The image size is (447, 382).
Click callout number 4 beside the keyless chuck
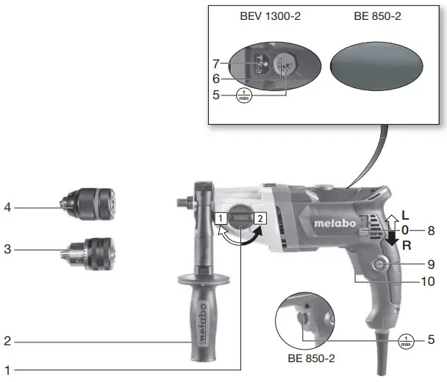[x=7, y=208]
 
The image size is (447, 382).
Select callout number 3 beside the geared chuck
[x=7, y=250]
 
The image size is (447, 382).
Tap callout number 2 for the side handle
[x=7, y=341]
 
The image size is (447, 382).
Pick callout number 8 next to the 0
[x=432, y=230]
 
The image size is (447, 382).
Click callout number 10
[x=429, y=281]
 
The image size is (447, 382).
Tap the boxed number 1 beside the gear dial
[x=220, y=218]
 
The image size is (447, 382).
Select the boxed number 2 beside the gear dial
[x=260, y=218]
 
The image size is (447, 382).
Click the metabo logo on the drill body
[x=335, y=223]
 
